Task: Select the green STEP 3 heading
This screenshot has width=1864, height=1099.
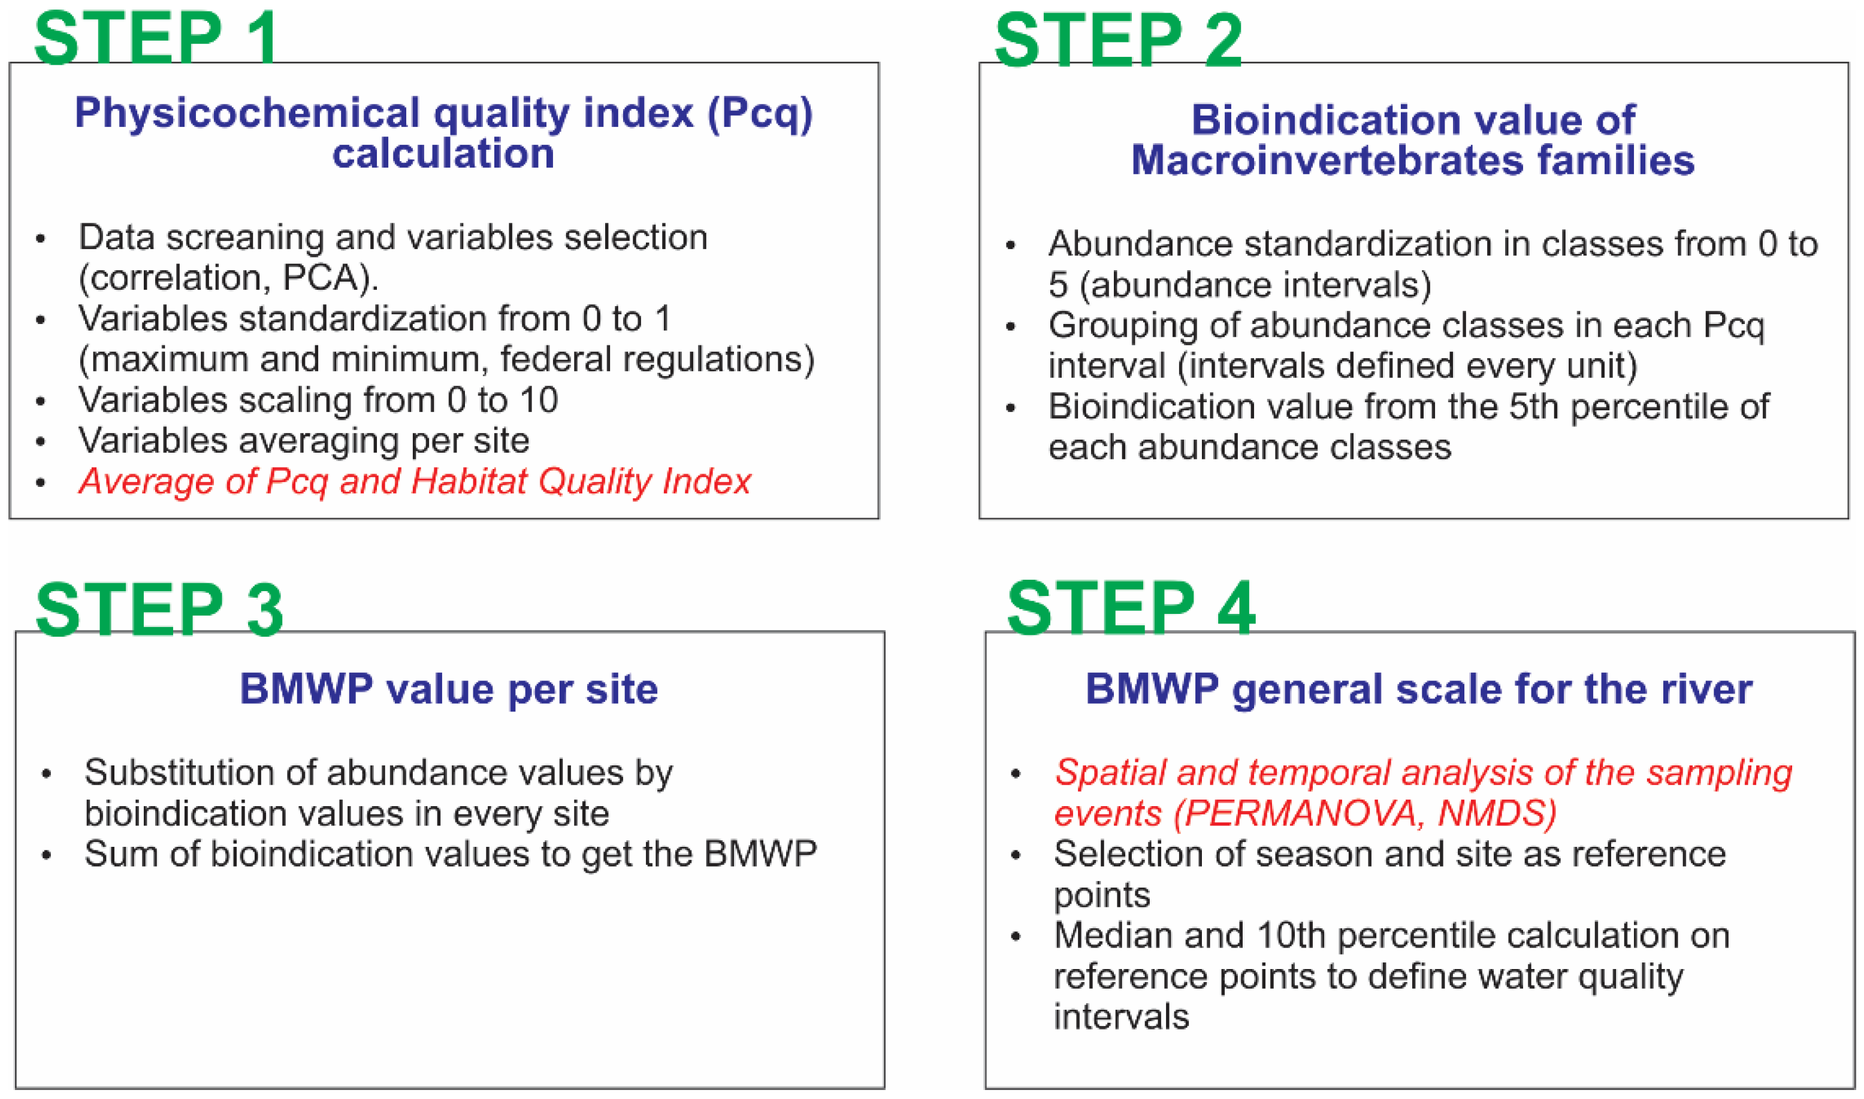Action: tap(159, 610)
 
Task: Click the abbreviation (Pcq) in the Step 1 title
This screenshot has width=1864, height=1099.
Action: tap(760, 115)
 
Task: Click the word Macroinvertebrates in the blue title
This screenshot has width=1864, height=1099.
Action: tap(1328, 161)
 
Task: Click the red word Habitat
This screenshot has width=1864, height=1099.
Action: tap(470, 482)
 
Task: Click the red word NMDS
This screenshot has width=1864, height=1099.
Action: tap(1497, 814)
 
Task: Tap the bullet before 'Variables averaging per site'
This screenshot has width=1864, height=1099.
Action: tap(41, 442)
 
